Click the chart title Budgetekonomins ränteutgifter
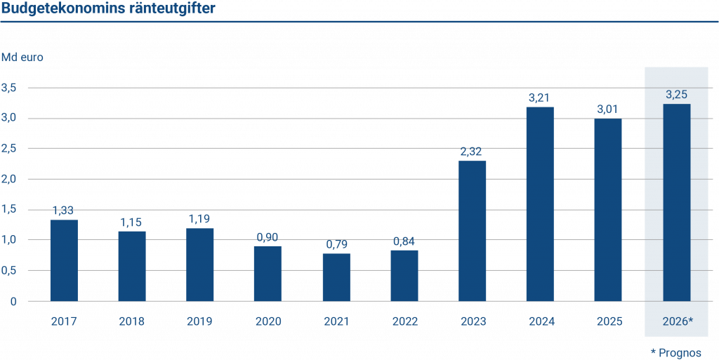(x=109, y=8)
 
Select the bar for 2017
(x=64, y=260)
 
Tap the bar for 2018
(x=132, y=266)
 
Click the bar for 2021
(x=336, y=277)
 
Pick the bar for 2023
(x=473, y=231)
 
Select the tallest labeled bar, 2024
(x=540, y=204)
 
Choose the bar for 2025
(x=608, y=210)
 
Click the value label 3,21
(x=540, y=98)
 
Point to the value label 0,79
(x=336, y=244)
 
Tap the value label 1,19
(x=200, y=219)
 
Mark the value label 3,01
(x=608, y=109)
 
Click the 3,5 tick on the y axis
(x=9, y=88)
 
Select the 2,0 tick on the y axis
(x=9, y=179)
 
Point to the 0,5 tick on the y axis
(x=9, y=270)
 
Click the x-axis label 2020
(x=268, y=321)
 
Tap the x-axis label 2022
(x=404, y=321)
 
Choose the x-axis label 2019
(x=200, y=321)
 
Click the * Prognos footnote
(x=675, y=352)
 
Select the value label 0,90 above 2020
(x=268, y=236)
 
